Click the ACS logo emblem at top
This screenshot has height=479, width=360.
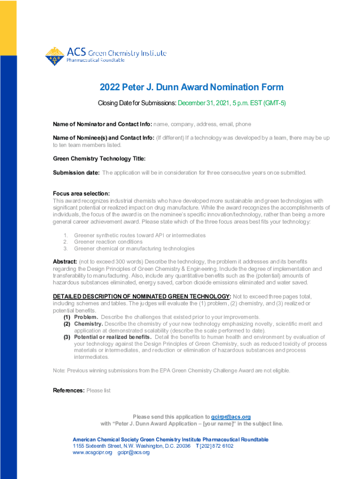[x=55, y=56]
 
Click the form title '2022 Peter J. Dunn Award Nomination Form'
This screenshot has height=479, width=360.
[x=191, y=87]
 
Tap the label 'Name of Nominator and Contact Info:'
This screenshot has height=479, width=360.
[x=102, y=124]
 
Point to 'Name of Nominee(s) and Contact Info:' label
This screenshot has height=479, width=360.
[x=103, y=138]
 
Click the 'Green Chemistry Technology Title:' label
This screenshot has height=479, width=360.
[x=99, y=159]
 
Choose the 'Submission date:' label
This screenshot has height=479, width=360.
[x=76, y=173]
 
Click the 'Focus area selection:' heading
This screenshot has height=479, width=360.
[x=81, y=194]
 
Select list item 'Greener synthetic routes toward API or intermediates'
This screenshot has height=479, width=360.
[x=140, y=235]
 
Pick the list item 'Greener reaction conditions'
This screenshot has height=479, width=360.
[x=108, y=242]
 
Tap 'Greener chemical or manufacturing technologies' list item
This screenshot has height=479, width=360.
[x=134, y=248]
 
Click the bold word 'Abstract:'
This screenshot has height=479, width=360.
[x=65, y=261]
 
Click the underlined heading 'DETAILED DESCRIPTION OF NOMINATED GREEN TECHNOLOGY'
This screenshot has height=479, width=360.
[x=141, y=297]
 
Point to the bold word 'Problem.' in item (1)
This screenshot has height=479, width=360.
[x=86, y=317]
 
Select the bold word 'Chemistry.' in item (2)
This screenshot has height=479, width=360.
[x=88, y=324]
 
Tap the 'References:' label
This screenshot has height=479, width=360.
[x=69, y=391]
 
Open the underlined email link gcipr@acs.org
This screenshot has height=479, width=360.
[x=231, y=417]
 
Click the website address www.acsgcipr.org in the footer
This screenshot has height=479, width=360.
[x=93, y=453]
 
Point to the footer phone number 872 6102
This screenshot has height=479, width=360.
[x=222, y=446]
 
